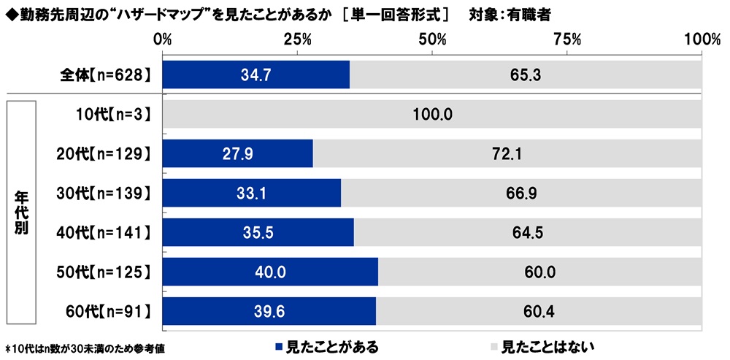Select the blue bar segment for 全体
255,74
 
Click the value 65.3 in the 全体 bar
526,74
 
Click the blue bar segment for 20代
237,153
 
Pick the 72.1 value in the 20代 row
507,153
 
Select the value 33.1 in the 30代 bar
252,194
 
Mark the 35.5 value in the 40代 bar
258,233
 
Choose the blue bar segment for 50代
270,272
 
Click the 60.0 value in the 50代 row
540,272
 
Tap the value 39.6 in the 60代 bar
269,312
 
